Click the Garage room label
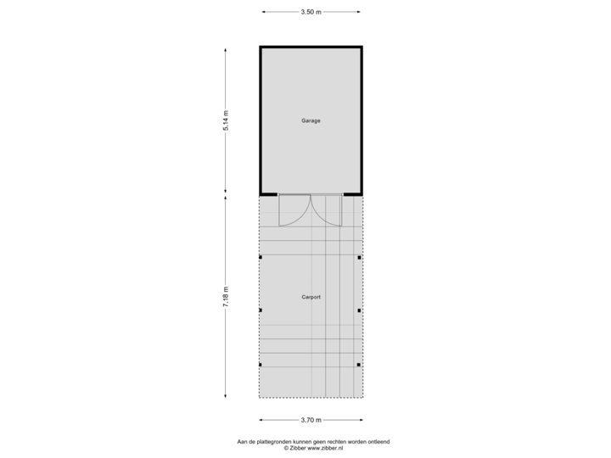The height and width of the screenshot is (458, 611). pyautogui.click(x=311, y=121)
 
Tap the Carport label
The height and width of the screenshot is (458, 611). pyautogui.click(x=311, y=298)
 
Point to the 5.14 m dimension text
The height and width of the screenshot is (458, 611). pyautogui.click(x=226, y=120)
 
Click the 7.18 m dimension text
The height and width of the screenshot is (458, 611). pyautogui.click(x=226, y=296)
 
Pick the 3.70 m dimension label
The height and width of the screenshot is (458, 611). pyautogui.click(x=311, y=419)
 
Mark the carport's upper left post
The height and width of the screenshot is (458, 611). pyautogui.click(x=261, y=257)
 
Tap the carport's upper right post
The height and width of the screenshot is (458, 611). pyautogui.click(x=360, y=257)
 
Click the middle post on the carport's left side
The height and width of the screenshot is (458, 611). pyautogui.click(x=261, y=310)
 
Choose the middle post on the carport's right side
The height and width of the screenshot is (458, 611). pyautogui.click(x=360, y=310)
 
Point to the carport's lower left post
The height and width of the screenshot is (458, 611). pyautogui.click(x=261, y=365)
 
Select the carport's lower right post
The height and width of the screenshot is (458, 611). pyautogui.click(x=360, y=365)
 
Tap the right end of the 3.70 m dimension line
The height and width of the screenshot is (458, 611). pyautogui.click(x=362, y=419)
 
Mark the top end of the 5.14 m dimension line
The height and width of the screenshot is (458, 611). pyautogui.click(x=226, y=48)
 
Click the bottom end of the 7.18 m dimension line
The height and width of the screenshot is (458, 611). pyautogui.click(x=226, y=395)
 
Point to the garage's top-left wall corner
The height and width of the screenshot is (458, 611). pyautogui.click(x=261, y=47)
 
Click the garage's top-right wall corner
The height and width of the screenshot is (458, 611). pyautogui.click(x=362, y=47)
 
